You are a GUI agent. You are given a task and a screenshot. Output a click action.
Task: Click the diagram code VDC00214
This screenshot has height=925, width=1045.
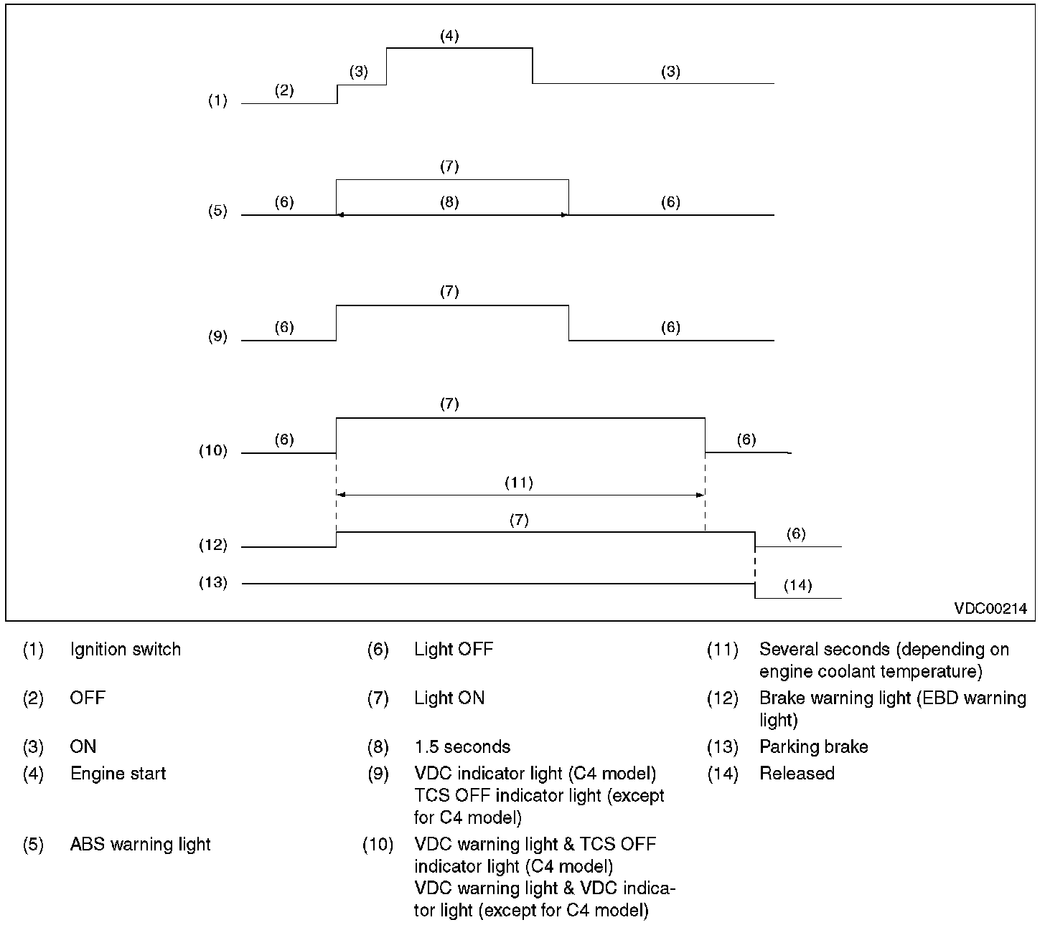(990, 609)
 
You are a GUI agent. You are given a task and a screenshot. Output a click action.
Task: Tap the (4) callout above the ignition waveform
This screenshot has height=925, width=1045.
(449, 36)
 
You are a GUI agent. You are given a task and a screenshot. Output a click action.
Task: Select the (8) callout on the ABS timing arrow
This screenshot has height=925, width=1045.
(449, 202)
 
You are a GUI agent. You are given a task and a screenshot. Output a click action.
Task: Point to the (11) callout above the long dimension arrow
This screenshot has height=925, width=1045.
(518, 483)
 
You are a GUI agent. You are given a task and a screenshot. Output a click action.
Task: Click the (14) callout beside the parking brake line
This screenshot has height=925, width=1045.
(797, 585)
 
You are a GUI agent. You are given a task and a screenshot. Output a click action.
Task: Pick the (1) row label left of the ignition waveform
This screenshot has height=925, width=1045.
(217, 100)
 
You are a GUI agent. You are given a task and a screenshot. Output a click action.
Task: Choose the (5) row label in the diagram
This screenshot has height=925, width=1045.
(217, 212)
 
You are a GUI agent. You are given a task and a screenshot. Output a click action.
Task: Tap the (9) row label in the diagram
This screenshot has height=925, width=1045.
(217, 336)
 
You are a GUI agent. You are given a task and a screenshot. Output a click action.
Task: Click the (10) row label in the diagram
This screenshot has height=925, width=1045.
(213, 451)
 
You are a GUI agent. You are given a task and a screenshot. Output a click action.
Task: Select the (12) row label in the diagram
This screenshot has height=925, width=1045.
(213, 545)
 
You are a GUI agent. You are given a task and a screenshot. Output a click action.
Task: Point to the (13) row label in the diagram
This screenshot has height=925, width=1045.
(213, 582)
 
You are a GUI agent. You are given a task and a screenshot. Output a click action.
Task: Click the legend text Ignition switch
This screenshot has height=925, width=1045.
(126, 650)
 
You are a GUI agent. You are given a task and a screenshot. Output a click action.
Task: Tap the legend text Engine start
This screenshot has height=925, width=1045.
(118, 774)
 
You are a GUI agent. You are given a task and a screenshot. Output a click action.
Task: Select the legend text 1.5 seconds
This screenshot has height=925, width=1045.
(462, 747)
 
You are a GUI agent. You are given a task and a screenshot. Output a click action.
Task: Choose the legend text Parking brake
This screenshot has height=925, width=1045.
(814, 747)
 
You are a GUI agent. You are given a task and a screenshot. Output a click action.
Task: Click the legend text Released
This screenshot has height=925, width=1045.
(797, 774)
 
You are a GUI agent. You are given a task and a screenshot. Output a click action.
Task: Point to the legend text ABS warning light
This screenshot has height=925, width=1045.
(140, 844)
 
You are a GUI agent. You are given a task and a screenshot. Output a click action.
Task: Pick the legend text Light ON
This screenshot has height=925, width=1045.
(449, 698)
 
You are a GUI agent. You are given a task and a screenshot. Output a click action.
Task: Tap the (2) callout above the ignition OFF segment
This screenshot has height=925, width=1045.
(284, 90)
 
